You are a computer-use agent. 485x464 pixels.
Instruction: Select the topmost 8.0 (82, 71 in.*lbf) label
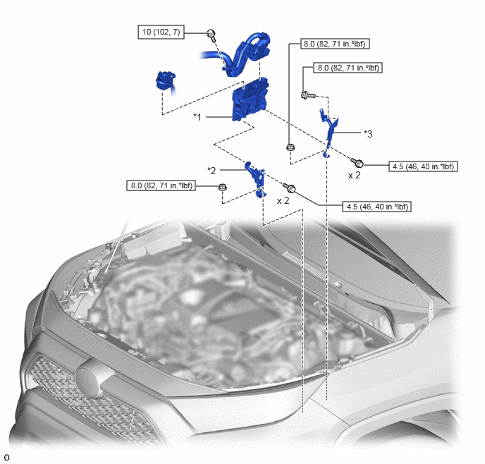coord(336,44)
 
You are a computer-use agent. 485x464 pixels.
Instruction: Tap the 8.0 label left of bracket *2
coord(161,185)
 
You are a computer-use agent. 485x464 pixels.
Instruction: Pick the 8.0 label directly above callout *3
coord(348,68)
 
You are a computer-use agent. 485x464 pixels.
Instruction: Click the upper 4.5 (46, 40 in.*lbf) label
coord(423,166)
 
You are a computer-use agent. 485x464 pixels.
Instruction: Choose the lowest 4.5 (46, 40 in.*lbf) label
coord(377,207)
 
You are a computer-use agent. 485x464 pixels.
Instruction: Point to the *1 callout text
coord(197,117)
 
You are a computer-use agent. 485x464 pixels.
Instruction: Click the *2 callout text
coord(211,171)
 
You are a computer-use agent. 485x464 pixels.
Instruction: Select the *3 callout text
coord(368,134)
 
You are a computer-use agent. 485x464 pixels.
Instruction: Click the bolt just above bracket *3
coord(308,95)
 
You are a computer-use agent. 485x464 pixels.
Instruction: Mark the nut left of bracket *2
coord(223,187)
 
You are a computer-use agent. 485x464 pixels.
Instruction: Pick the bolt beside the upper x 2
coord(357,162)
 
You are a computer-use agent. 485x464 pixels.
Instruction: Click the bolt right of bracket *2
coord(289,188)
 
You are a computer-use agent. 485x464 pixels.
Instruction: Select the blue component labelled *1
coord(250,99)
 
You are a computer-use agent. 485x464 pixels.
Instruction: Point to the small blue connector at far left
coord(166,82)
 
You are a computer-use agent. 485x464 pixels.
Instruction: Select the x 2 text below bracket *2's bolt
coord(283,201)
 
